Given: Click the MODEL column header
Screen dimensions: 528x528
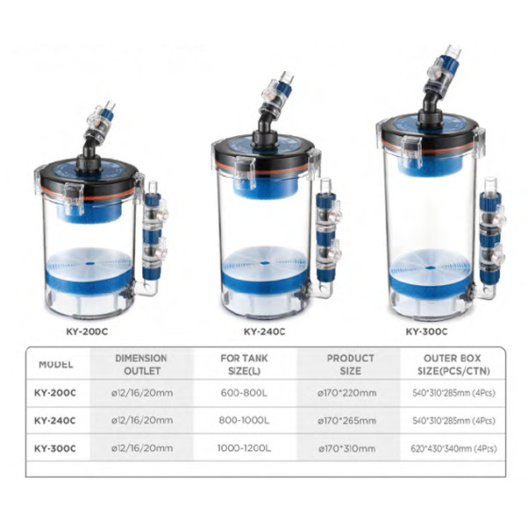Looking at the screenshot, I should pyautogui.click(x=56, y=363).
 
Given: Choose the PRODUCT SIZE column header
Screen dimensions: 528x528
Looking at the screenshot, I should pyautogui.click(x=350, y=363).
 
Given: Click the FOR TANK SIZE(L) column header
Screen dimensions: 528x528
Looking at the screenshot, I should pyautogui.click(x=246, y=363).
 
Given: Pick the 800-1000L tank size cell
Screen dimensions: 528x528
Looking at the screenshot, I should pyautogui.click(x=246, y=420).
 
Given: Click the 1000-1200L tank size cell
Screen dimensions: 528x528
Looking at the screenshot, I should pyautogui.click(x=246, y=448).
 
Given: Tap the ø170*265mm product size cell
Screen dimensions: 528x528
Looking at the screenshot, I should pyautogui.click(x=350, y=420).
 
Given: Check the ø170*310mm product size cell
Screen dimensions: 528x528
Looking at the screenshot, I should pyautogui.click(x=350, y=448).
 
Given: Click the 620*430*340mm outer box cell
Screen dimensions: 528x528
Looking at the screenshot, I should pyautogui.click(x=447, y=448).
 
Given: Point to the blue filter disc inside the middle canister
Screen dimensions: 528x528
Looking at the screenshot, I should pyautogui.click(x=264, y=267).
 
